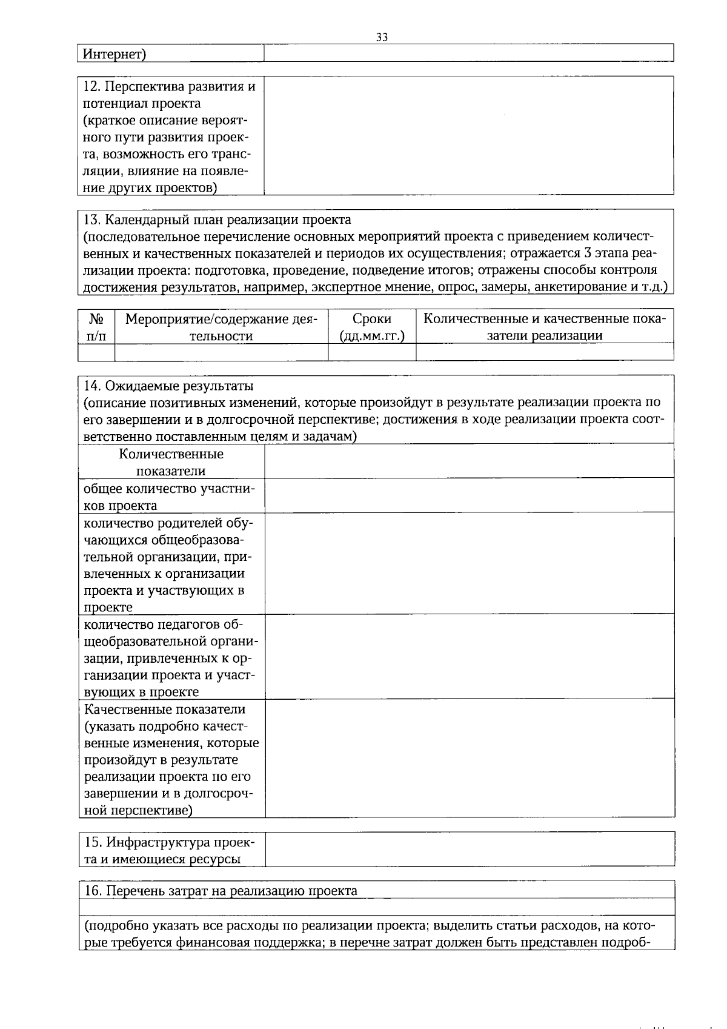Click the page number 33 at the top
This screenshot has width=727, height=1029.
point(382,37)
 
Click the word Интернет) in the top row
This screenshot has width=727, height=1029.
point(115,54)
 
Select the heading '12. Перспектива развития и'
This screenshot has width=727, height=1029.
point(169,86)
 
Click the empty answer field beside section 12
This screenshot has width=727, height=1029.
point(468,135)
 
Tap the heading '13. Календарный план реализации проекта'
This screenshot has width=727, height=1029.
point(217,219)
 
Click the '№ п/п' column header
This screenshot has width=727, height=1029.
point(96,327)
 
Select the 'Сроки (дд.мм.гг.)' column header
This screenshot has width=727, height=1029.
point(372,327)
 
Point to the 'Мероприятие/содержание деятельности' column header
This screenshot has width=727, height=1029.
point(221,327)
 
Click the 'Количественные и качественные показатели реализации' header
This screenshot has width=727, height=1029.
point(544,327)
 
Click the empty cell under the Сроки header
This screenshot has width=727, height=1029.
point(372,352)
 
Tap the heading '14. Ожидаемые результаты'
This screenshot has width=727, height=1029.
point(168,386)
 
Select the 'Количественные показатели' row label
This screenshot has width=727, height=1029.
point(171,462)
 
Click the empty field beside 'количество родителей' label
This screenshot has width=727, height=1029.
point(470,563)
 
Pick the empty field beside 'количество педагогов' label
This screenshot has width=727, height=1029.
point(470,656)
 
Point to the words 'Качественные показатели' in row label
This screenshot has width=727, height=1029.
point(165,709)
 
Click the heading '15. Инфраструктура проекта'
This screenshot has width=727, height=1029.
point(170,842)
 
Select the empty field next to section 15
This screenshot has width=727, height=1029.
point(470,849)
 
